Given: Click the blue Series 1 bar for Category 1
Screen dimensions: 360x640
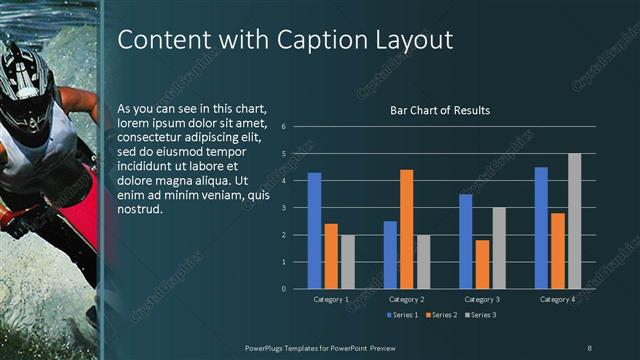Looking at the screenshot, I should point(314,231).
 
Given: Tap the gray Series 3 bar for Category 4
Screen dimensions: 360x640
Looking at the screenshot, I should point(574,221).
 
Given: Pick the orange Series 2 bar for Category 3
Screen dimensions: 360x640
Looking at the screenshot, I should point(482,264).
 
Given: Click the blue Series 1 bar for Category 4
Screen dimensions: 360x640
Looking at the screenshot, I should point(541,228).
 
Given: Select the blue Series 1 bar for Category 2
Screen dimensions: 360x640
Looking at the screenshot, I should point(390,255).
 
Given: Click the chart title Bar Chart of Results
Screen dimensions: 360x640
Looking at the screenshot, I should point(440,110).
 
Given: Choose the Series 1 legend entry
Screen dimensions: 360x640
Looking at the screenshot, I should point(404,315).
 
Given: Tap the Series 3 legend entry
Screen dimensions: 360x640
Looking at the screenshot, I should point(479,315).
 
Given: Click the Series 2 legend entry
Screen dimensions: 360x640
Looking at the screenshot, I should point(441,315).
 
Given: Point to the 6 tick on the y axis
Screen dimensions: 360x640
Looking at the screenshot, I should point(284,127).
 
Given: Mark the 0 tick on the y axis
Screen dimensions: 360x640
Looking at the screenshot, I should point(284,289).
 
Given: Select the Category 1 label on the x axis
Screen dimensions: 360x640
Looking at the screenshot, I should point(331,299).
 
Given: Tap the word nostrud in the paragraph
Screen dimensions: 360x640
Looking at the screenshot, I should point(140,210).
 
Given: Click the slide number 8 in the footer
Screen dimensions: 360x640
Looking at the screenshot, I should point(590,347).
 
